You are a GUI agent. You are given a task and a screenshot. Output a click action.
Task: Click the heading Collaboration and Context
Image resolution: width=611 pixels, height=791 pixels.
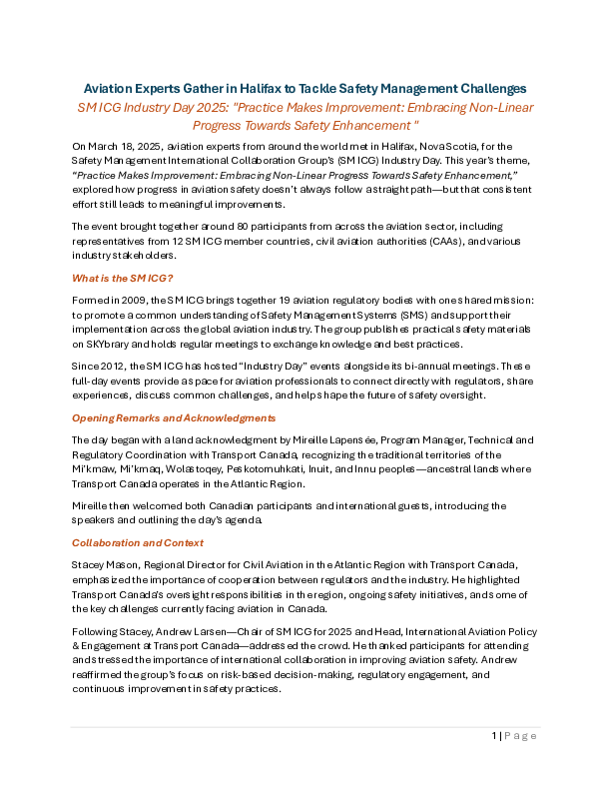[138, 542]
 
